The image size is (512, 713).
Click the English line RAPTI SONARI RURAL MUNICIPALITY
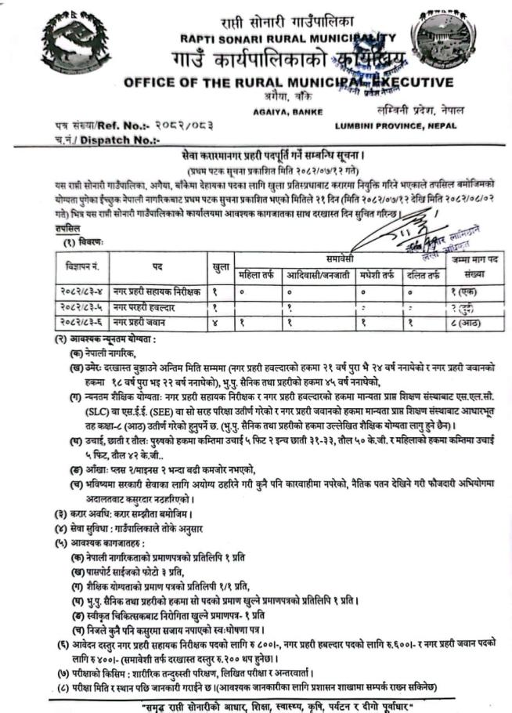[x=287, y=38]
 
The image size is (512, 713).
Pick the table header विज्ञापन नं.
[x=85, y=267]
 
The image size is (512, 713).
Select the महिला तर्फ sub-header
[x=258, y=275]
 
